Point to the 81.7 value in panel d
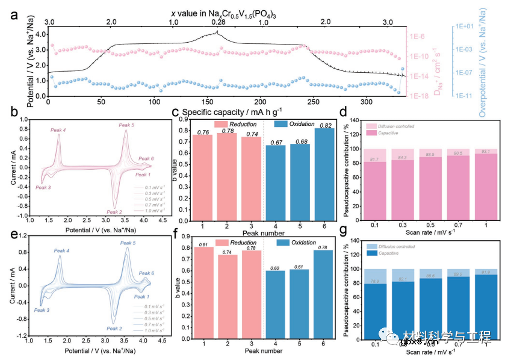(x=373, y=159)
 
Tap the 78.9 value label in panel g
(x=373, y=282)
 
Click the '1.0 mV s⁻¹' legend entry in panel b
(x=152, y=211)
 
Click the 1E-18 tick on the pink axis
(x=419, y=96)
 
